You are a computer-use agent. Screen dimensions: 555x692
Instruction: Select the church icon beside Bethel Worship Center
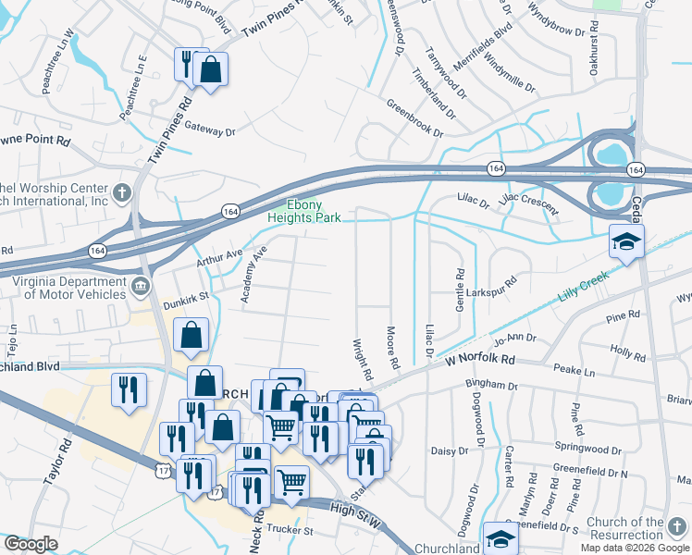tap(121, 193)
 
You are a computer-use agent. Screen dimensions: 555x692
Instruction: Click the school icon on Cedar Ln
tap(625, 242)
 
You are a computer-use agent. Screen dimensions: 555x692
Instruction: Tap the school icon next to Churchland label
tap(498, 537)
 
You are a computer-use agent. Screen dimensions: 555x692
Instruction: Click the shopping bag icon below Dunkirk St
tap(191, 338)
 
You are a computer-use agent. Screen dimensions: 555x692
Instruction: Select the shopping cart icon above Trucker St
tap(291, 481)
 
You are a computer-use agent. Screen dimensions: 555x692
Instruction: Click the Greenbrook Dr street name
tap(413, 117)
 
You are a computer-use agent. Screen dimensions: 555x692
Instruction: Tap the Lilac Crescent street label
tap(529, 202)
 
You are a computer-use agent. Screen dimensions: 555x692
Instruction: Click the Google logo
tap(31, 544)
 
